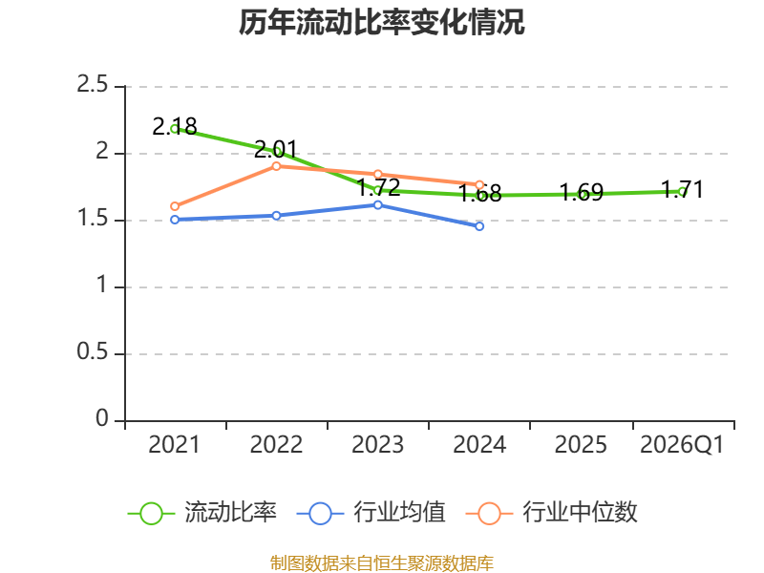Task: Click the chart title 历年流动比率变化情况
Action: (x=381, y=22)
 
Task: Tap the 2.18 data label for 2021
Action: (x=175, y=127)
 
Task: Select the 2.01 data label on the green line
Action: (x=276, y=149)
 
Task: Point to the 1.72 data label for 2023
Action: (x=378, y=187)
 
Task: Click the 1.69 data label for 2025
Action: (x=582, y=192)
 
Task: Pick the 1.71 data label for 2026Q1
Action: (x=682, y=189)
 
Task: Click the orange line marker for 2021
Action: (x=175, y=206)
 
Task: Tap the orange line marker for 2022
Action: (x=276, y=166)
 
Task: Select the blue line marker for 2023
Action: (x=377, y=205)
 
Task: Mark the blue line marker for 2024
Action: (x=479, y=226)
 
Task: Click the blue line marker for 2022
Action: (x=276, y=216)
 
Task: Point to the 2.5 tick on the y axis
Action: (x=92, y=85)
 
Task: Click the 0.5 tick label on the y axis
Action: (x=92, y=351)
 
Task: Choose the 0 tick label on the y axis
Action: (x=102, y=418)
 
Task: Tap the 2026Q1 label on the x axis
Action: (x=682, y=444)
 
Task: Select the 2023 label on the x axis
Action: (x=377, y=444)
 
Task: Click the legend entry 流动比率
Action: (x=202, y=513)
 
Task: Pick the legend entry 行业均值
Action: (x=371, y=513)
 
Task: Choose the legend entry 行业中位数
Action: (x=552, y=513)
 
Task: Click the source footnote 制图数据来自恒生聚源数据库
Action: (x=381, y=562)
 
